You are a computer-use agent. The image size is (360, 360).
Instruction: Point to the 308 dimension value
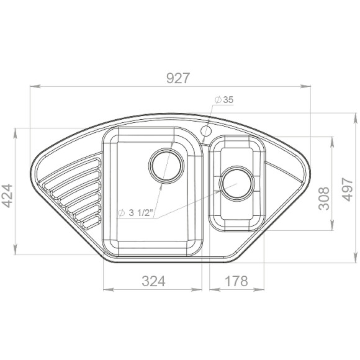(324, 197)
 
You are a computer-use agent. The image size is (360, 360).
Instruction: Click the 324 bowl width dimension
(153, 281)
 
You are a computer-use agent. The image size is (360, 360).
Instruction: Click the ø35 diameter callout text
(224, 100)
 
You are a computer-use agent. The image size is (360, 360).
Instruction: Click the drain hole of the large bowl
(165, 165)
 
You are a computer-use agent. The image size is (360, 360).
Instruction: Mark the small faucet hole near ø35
(206, 130)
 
